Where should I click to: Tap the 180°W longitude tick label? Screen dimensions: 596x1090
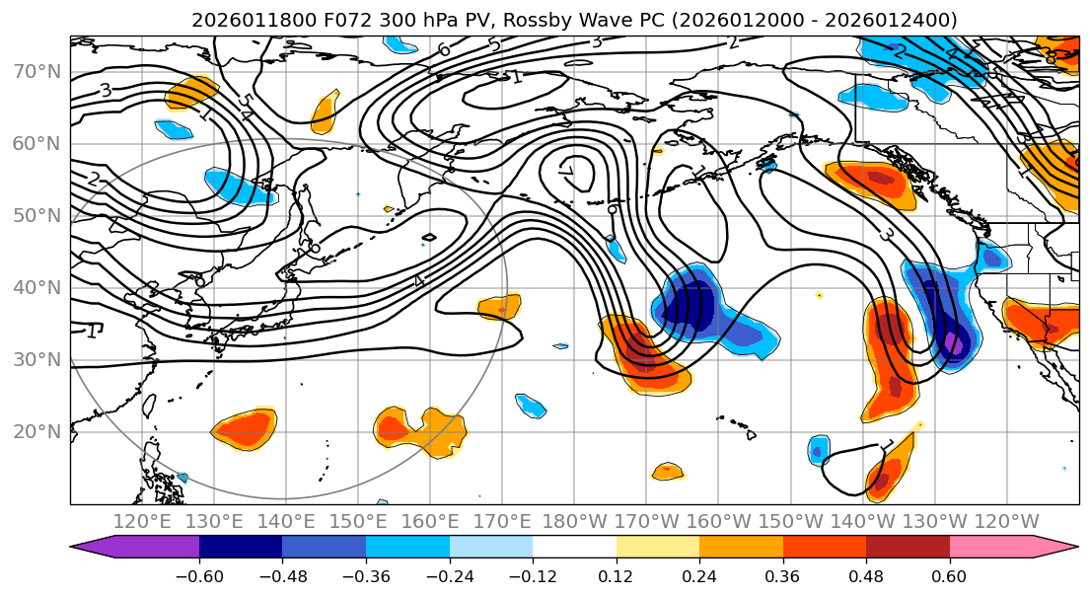(575, 521)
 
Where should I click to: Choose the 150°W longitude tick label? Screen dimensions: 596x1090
(791, 521)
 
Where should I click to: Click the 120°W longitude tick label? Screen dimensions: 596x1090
(1007, 521)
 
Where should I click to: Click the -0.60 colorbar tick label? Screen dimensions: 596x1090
(199, 575)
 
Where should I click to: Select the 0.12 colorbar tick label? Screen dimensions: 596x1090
(616, 575)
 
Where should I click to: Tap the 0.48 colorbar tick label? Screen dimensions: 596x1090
(866, 575)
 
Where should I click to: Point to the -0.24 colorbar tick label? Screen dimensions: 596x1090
(449, 575)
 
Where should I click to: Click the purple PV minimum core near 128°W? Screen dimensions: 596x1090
(954, 343)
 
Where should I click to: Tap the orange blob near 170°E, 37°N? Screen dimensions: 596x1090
(498, 307)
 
